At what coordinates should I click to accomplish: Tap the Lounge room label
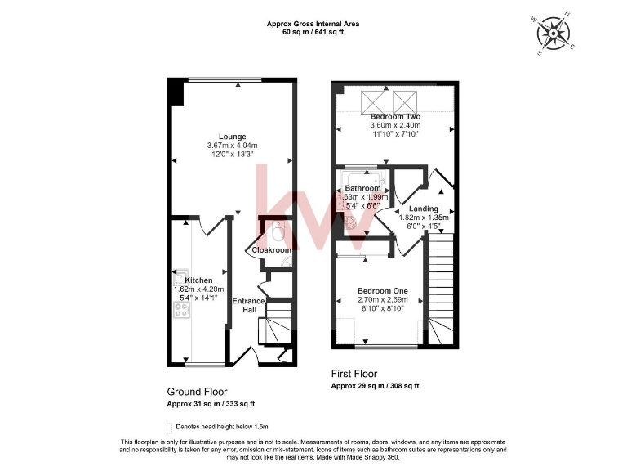(232, 137)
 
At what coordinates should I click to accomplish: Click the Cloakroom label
(271, 250)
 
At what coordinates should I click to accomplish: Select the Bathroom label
(362, 189)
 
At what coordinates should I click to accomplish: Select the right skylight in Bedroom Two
(405, 102)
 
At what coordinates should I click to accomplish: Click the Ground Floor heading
(197, 392)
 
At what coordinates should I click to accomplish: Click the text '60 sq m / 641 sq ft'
(313, 33)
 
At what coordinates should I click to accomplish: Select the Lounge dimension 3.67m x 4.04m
(232, 146)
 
